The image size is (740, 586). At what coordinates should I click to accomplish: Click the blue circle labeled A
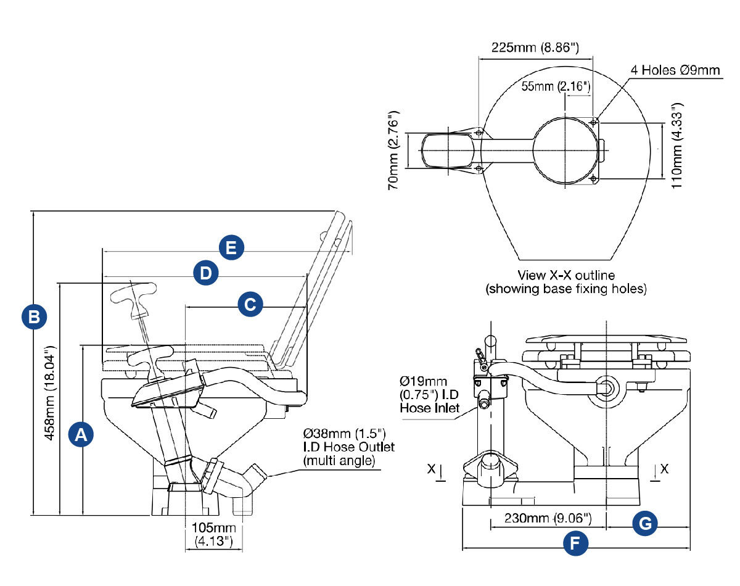click(81, 435)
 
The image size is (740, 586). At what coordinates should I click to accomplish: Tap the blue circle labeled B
click(34, 316)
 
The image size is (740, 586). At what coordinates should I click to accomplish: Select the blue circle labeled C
click(250, 304)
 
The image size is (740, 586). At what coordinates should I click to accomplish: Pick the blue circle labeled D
click(205, 273)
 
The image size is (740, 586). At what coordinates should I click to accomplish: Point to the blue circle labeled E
click(231, 247)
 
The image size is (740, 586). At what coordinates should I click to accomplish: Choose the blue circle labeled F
click(575, 543)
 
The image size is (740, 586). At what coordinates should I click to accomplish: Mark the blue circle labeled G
click(645, 523)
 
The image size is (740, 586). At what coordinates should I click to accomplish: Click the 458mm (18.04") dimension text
click(49, 392)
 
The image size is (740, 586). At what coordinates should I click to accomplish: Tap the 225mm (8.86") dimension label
click(535, 47)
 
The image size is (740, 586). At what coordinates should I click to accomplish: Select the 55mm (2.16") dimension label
click(556, 86)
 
